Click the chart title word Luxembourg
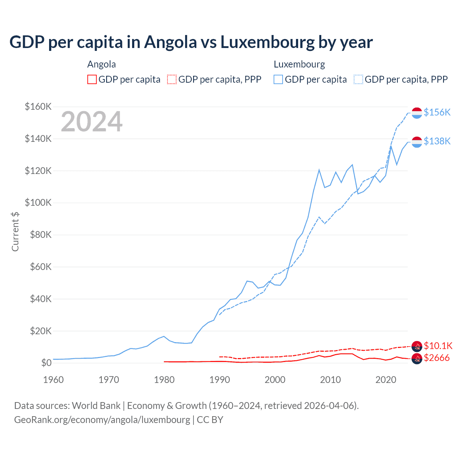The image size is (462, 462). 267,42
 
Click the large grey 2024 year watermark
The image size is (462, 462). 92,122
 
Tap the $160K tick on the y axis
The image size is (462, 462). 38,107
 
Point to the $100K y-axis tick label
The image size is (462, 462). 38,203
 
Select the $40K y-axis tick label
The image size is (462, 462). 40,299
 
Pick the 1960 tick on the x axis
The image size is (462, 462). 53,380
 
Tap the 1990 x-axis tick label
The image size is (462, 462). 219,380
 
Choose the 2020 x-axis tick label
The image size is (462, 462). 386,380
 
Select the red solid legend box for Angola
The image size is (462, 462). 92,79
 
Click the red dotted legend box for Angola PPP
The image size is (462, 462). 172,79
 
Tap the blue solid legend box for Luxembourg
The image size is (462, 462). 278,79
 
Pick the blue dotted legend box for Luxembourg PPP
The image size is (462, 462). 358,79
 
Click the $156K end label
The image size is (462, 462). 437,113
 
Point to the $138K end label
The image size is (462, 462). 437,141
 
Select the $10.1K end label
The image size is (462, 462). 438,346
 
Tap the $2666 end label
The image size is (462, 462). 437,358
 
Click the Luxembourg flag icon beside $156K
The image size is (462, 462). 417,113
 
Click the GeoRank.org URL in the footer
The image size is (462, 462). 102,420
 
